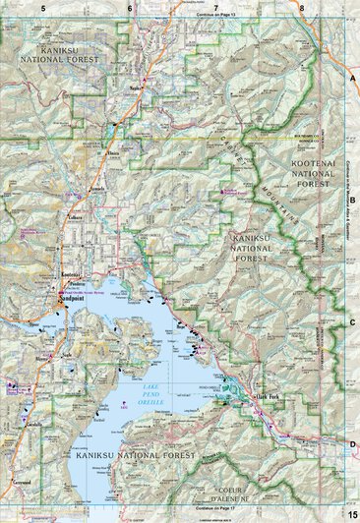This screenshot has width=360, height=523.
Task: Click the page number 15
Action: (x=351, y=513)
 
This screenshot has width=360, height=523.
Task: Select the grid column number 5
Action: (x=43, y=8)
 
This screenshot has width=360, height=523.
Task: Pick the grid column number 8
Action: (x=303, y=8)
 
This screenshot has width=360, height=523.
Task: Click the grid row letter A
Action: (x=352, y=76)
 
